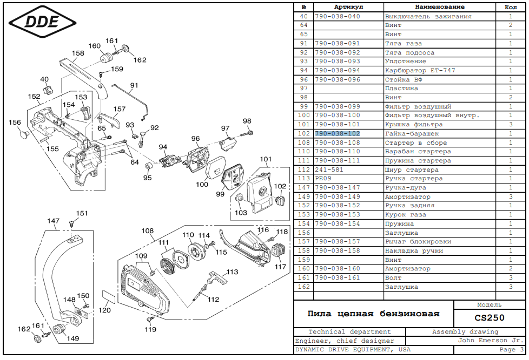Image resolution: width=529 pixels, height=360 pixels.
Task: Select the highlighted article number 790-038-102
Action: [x=337, y=134]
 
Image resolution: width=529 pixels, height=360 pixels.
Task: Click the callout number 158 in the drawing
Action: [x=78, y=53]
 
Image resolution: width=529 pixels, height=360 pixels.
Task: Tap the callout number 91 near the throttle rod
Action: [x=134, y=85]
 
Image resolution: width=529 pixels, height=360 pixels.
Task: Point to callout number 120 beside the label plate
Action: [x=104, y=310]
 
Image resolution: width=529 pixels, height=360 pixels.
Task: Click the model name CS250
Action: [x=490, y=317]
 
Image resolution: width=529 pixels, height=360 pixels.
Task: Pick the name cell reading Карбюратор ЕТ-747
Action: [x=420, y=71]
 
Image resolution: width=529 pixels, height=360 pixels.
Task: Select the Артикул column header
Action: [x=348, y=7]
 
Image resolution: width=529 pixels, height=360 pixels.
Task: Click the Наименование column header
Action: [x=439, y=7]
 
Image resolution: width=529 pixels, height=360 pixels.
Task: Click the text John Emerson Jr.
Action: [x=490, y=341]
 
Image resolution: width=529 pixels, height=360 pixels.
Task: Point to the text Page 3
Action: [x=511, y=350]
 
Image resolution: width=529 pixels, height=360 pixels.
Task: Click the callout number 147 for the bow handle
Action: [x=53, y=221]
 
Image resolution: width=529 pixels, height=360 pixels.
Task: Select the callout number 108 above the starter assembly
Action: [x=148, y=230]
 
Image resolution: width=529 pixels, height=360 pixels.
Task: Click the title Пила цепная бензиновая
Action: [x=373, y=314]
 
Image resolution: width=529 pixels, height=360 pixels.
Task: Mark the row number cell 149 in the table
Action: [x=303, y=197]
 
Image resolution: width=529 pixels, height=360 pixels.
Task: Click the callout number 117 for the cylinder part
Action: [x=280, y=266]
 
